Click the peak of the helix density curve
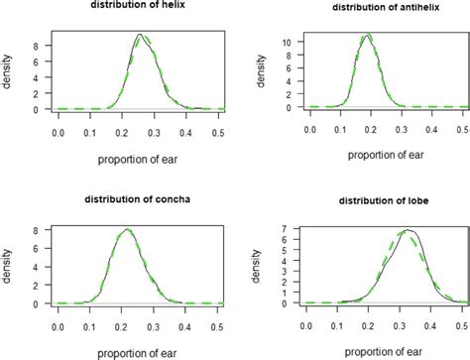pyautogui.click(x=141, y=35)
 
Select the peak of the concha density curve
pyautogui.click(x=126, y=230)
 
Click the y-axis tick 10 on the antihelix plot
pyautogui.click(x=284, y=43)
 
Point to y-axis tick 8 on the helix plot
pyautogui.click(x=35, y=46)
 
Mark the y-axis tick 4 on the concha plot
pyautogui.click(x=35, y=268)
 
